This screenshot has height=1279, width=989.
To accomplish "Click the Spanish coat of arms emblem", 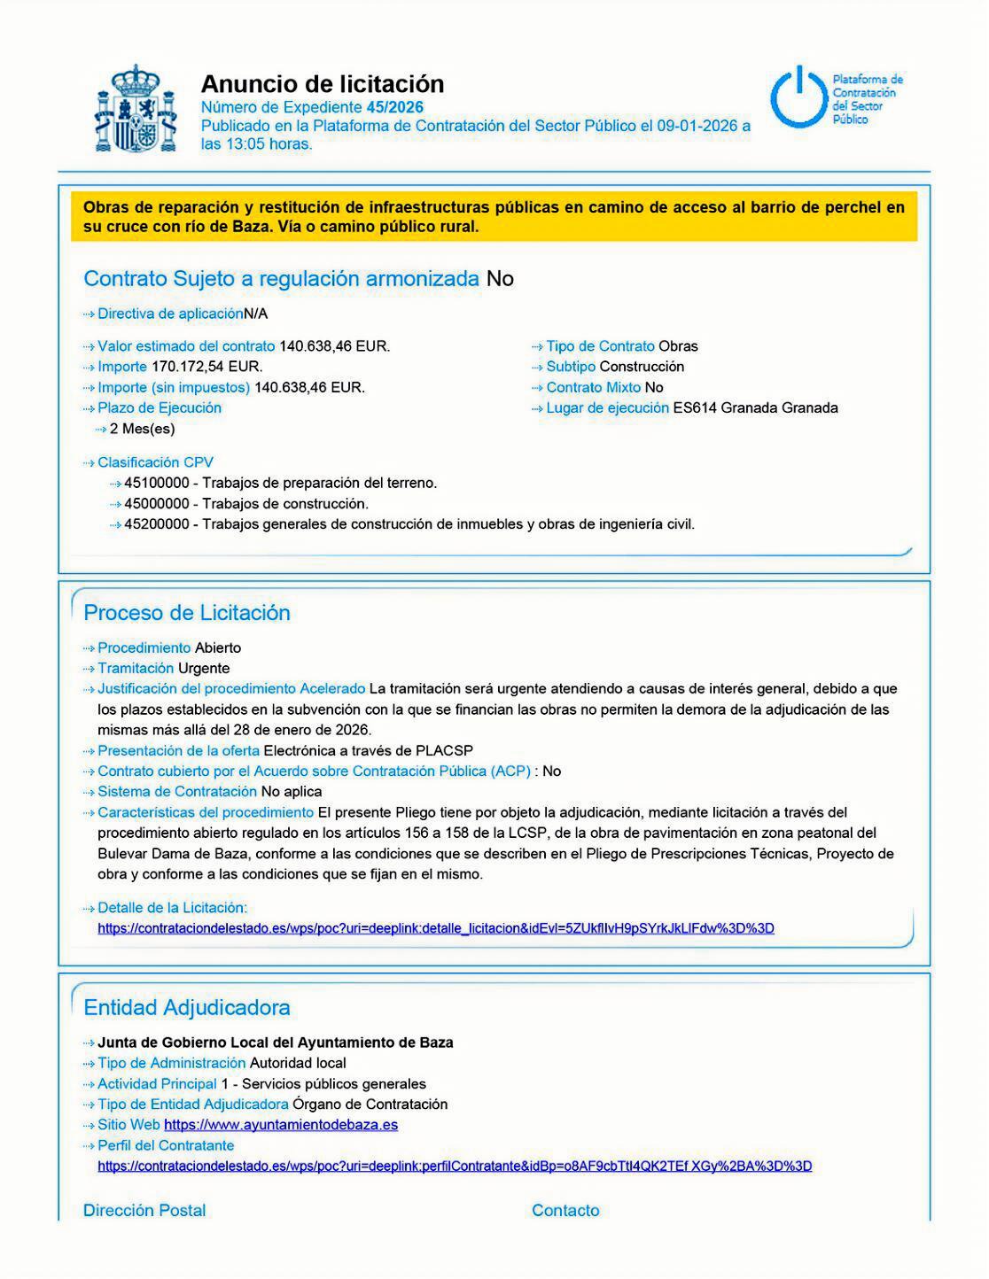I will pos(135,109).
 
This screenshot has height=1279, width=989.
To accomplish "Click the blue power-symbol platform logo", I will pos(799,97).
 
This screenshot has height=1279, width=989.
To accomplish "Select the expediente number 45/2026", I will pos(394,107).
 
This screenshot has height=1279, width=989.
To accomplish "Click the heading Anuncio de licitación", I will pos(323,84).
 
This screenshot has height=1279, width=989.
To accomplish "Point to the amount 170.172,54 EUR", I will pos(207,367).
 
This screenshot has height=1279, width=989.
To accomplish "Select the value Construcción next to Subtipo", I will pos(642,367).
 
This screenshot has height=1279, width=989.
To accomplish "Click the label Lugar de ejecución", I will pos(607,408).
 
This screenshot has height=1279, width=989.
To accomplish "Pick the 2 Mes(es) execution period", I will pos(142,430).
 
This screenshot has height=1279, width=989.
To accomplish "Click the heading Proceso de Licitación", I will pos(187,613).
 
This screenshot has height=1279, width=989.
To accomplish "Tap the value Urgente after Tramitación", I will pos(204,669).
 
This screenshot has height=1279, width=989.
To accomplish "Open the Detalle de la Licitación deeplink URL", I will pos(435,929).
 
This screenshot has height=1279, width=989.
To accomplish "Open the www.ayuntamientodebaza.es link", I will pos(281,1125).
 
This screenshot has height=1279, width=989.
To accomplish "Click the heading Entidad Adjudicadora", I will pos(187,1008).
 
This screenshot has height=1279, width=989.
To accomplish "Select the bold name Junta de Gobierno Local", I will pos(275,1043).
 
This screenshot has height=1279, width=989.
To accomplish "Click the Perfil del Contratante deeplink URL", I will pos(454,1167).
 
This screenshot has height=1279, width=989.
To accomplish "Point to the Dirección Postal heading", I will pos(144,1211).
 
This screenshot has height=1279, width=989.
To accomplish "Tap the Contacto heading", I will pos(565,1211).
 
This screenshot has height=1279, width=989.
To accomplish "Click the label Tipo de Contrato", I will pos(600,346).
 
